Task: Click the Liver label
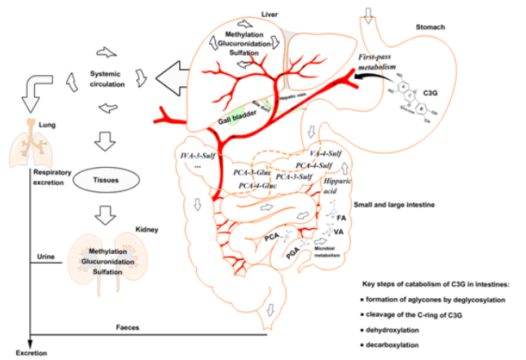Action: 269,14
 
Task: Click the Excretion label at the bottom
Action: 17,353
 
